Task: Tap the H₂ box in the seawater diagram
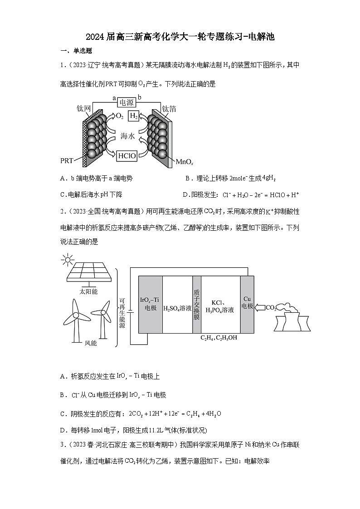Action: point(134,116)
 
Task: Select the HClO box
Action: point(127,156)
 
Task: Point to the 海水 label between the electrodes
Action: point(127,136)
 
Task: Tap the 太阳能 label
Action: point(88,291)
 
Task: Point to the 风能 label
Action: point(91,343)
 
